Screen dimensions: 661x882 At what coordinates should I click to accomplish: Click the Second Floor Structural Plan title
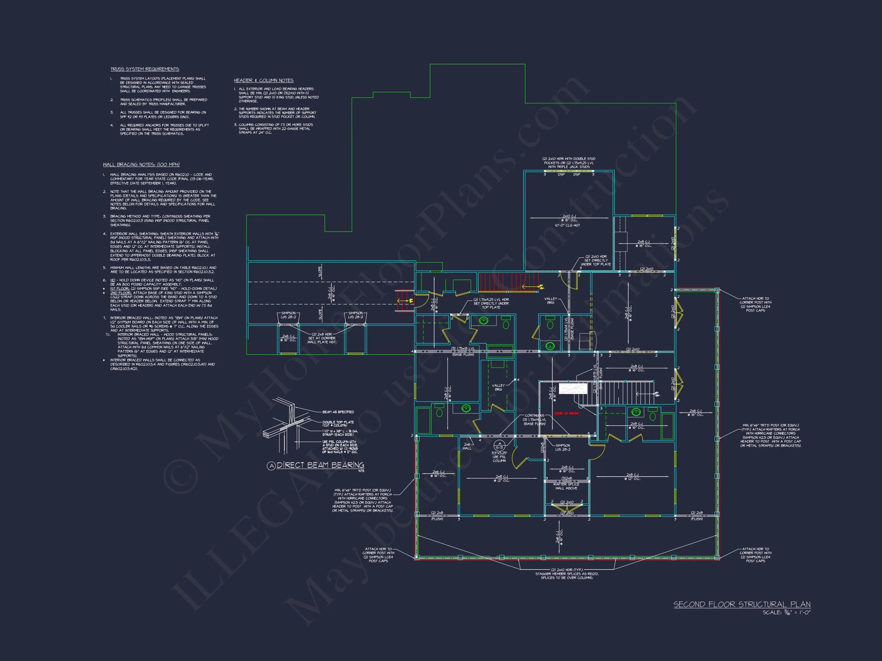[742, 604]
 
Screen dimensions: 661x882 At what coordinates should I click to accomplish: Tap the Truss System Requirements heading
[145, 69]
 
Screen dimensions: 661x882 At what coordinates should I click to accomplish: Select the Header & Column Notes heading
[263, 80]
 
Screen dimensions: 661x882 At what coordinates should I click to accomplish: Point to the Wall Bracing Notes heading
[141, 164]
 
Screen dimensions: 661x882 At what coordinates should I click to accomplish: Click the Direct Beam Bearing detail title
[320, 465]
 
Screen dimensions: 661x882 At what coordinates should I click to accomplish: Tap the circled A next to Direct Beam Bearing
[271, 466]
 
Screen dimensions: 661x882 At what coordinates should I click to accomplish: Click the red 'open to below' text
[566, 413]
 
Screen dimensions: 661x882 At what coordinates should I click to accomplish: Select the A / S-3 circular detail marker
[499, 445]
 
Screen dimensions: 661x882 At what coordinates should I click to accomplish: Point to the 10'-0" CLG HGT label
[567, 226]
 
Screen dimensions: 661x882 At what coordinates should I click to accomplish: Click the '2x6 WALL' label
[467, 446]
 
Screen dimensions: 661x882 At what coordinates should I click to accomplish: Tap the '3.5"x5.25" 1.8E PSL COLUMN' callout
[499, 457]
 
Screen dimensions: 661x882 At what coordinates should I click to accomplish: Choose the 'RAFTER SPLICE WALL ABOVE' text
[566, 486]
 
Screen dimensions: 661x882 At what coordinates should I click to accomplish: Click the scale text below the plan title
[786, 612]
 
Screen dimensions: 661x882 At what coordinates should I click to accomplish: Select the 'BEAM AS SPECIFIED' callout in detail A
[338, 412]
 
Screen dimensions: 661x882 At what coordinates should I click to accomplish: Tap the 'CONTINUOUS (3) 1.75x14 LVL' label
[535, 420]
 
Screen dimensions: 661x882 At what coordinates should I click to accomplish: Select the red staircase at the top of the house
[508, 282]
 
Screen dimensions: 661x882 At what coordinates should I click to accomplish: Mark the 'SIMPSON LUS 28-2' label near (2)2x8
[562, 448]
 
